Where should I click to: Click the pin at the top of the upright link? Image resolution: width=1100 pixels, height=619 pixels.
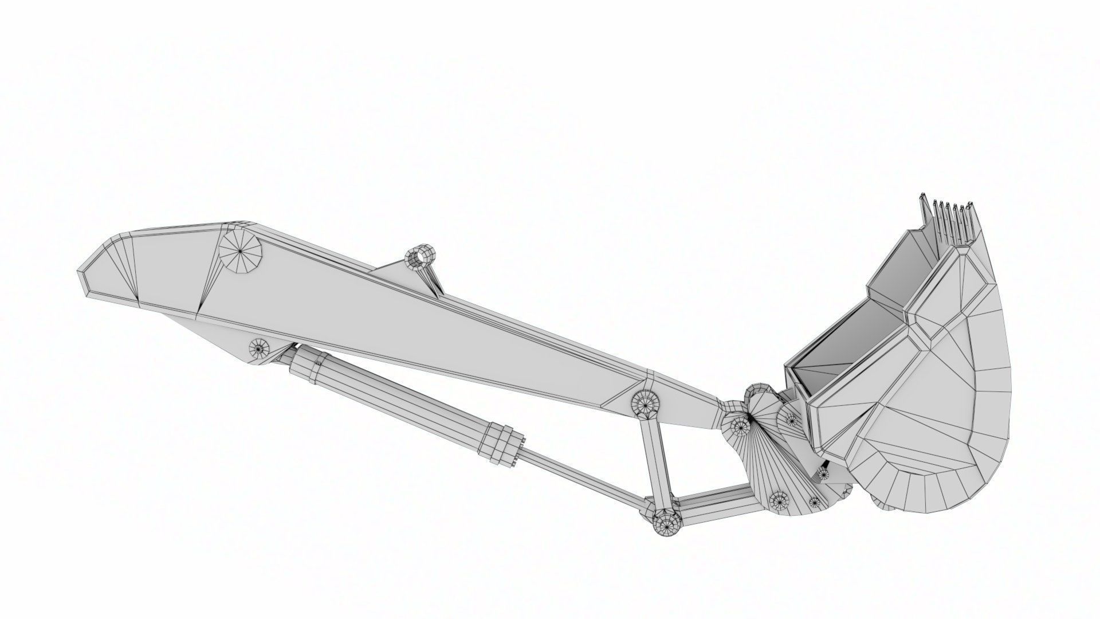(x=645, y=403)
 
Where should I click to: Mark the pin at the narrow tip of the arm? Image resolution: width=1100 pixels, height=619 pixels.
(x=740, y=425)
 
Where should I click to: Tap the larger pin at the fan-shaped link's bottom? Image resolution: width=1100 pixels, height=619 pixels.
(x=779, y=500)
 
